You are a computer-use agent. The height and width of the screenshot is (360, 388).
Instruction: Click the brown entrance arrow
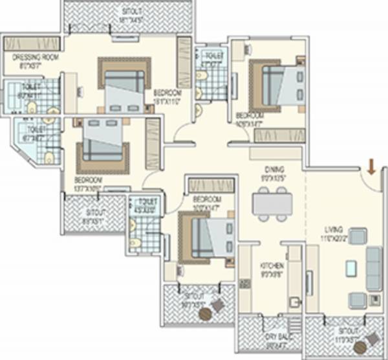[x=371, y=168]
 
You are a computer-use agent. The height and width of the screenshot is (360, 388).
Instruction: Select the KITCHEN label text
[x=270, y=266]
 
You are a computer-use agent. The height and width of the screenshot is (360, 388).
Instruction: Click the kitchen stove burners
[x=244, y=284]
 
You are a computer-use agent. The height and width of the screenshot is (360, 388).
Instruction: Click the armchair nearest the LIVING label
[x=357, y=236]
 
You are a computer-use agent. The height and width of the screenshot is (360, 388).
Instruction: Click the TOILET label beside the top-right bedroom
[x=211, y=56]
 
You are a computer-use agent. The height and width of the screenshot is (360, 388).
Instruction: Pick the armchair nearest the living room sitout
[x=357, y=300]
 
